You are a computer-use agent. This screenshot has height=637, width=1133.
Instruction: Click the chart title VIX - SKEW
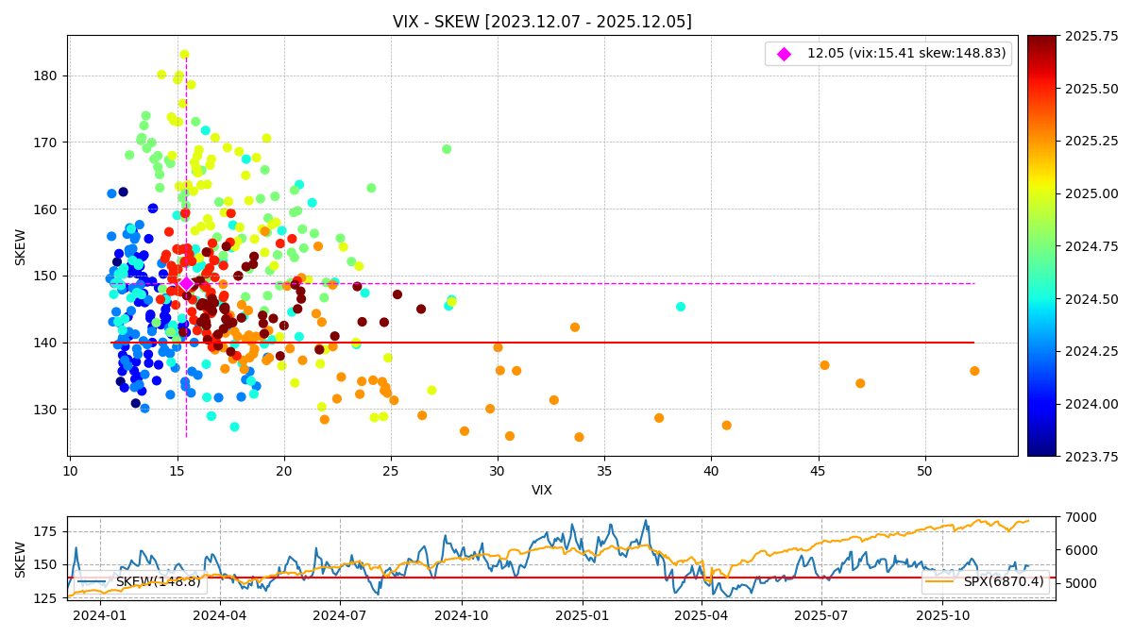(542, 22)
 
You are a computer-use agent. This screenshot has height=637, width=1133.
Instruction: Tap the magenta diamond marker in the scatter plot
(186, 283)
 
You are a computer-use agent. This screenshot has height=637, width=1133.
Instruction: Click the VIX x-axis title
(542, 491)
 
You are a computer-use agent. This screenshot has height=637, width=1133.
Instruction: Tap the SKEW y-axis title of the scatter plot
(21, 246)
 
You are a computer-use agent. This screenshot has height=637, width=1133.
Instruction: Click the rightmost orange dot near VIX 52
(974, 371)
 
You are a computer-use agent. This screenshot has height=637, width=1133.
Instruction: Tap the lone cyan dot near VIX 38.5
(681, 307)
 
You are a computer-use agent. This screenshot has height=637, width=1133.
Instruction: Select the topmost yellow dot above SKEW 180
(185, 55)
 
